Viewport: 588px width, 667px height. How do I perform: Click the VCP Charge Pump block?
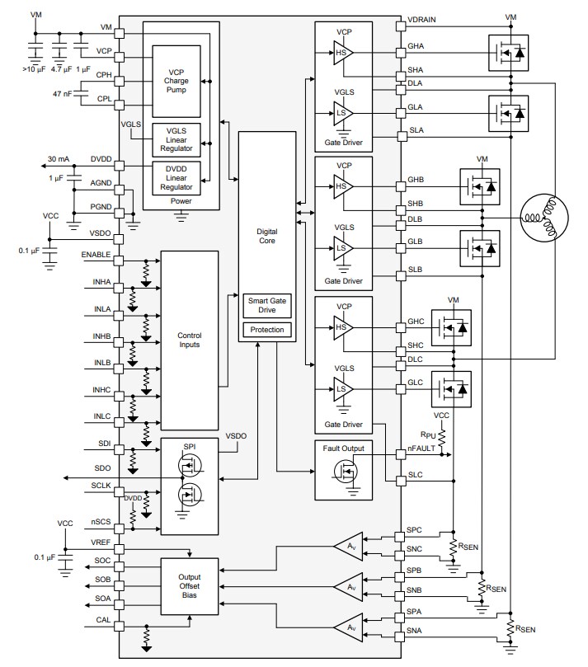(x=176, y=80)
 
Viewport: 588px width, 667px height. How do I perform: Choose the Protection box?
(x=266, y=330)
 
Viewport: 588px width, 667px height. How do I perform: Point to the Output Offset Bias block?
(x=190, y=585)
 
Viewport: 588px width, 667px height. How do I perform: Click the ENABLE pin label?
(x=96, y=256)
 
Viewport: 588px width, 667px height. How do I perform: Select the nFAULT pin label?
(x=422, y=449)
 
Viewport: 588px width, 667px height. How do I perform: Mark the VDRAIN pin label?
(x=424, y=18)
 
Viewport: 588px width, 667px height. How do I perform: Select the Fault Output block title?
(x=345, y=448)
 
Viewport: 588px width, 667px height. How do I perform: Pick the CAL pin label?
(x=102, y=621)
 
